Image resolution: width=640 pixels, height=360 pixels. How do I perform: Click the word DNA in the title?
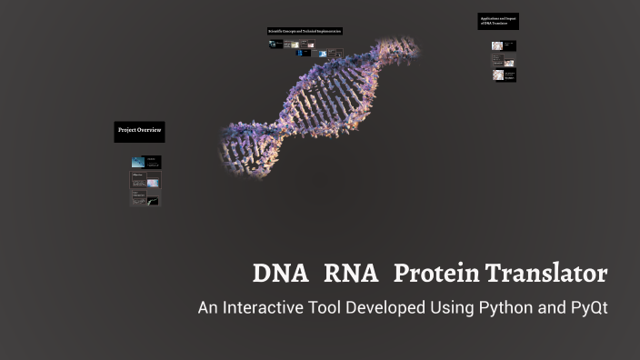click(x=280, y=273)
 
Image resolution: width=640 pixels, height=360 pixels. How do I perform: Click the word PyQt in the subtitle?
click(x=586, y=308)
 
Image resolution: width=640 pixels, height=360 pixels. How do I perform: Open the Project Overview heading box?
click(x=139, y=131)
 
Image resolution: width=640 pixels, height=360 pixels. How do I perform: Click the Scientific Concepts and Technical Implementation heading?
click(x=304, y=32)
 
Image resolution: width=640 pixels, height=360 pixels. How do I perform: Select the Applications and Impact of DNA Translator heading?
click(x=497, y=20)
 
